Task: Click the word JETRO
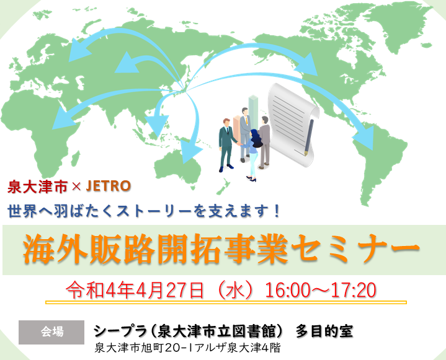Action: [108, 186]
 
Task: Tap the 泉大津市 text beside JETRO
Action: [38, 187]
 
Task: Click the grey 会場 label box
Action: [51, 332]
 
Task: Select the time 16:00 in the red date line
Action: [287, 290]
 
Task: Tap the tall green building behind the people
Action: [253, 112]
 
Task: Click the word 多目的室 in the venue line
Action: [324, 331]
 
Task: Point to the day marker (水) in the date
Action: [234, 290]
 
